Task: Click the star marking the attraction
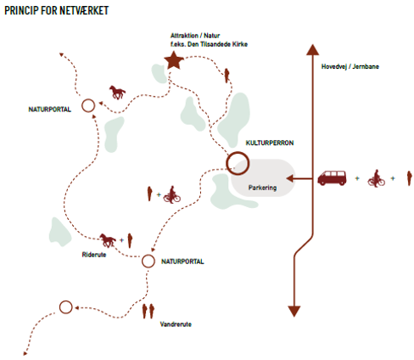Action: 174,60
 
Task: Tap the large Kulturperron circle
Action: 238,153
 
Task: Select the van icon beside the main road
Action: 332,177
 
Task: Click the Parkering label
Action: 262,188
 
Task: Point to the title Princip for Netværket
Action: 57,10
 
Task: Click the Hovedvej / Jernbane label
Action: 350,66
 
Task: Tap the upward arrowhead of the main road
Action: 312,49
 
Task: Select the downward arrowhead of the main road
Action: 294,311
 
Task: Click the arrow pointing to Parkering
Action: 299,178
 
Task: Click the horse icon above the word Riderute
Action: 108,240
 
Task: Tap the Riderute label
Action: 94,255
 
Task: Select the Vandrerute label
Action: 176,324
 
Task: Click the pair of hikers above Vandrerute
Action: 148,311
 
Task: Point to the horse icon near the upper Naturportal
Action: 117,93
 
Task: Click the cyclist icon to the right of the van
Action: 377,178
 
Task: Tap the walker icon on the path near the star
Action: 227,76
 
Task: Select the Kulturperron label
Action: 270,143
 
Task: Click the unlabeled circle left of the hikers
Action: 66,301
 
